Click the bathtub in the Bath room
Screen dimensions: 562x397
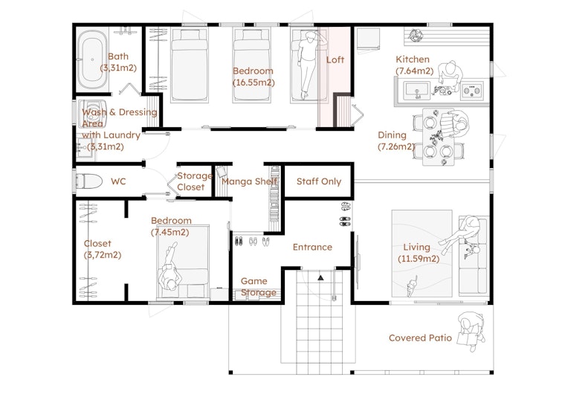(x=92, y=59)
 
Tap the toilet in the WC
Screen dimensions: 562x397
(x=88, y=181)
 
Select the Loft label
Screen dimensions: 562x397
(x=335, y=59)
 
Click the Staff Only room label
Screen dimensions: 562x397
(x=319, y=181)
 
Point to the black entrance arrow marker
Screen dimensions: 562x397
(x=320, y=277)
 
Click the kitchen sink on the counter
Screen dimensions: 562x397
(x=416, y=91)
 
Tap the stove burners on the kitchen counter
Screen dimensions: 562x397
(x=471, y=90)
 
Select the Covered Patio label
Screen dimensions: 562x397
(x=420, y=338)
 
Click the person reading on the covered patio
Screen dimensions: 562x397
(x=471, y=331)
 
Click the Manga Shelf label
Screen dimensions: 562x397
(x=250, y=181)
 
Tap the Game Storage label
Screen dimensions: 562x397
(x=259, y=287)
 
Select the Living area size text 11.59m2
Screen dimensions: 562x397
(x=419, y=258)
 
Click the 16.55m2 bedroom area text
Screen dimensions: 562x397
(x=253, y=83)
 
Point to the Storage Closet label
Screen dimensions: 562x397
(x=194, y=181)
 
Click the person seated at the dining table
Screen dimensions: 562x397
(x=453, y=124)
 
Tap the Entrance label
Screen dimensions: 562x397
(x=312, y=247)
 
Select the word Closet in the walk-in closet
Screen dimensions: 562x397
(x=97, y=244)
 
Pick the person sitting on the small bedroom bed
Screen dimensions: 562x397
(x=169, y=269)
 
